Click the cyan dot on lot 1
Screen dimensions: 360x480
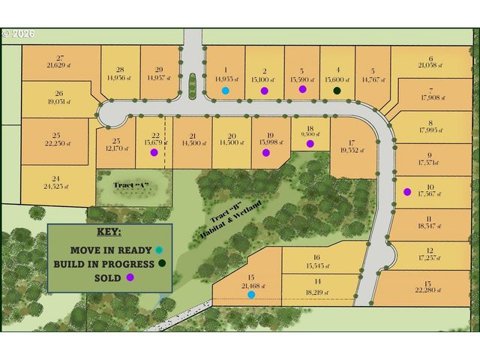click(x=225, y=91)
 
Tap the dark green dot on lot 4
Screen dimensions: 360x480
click(x=337, y=91)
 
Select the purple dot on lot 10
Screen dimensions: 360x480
click(x=406, y=191)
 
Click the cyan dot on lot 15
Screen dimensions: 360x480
click(x=250, y=295)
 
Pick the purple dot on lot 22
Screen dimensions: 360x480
click(x=154, y=152)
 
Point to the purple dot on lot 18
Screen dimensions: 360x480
click(x=309, y=142)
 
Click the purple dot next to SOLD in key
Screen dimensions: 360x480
click(x=130, y=277)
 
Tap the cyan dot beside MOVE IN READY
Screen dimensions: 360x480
click(x=158, y=250)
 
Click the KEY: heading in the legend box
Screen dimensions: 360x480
click(x=109, y=232)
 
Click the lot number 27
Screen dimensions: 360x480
click(x=60, y=58)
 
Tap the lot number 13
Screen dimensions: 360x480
click(x=427, y=283)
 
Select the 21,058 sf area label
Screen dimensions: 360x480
click(x=430, y=66)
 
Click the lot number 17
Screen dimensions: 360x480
click(x=350, y=141)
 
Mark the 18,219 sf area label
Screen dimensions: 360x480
click(x=318, y=292)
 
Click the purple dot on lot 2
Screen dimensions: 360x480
click(x=264, y=91)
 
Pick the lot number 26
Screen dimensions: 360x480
click(x=58, y=94)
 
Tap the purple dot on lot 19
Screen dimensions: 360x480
click(x=265, y=153)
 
